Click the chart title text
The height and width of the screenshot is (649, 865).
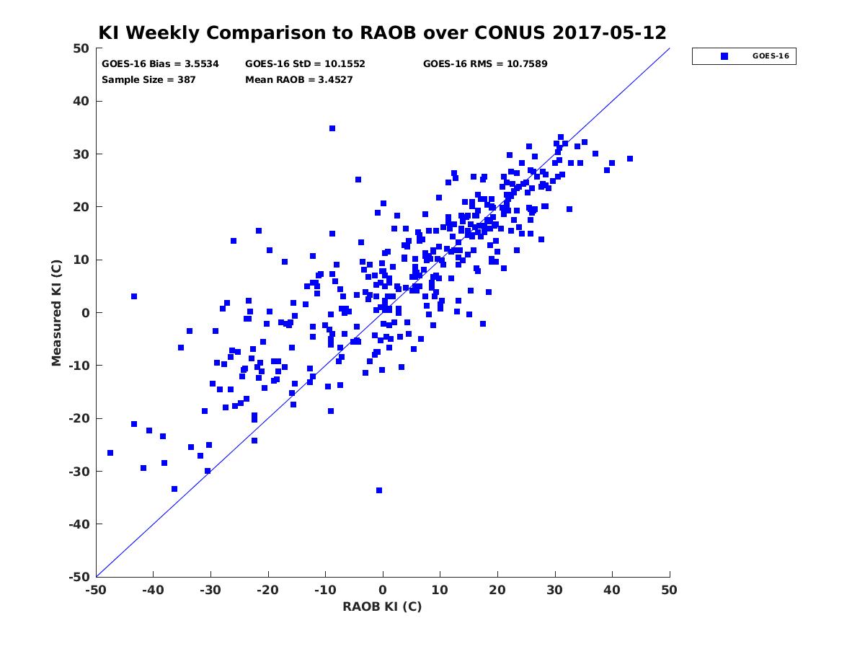pos(382,32)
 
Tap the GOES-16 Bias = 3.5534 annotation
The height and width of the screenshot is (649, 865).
pos(160,64)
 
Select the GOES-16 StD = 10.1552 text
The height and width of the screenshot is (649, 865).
pos(305,64)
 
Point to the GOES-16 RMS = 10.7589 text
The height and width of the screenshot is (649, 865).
pos(485,64)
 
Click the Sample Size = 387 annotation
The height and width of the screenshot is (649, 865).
pos(148,79)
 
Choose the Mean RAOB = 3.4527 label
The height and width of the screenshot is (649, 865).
pos(298,79)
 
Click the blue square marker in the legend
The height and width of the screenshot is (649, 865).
pos(724,56)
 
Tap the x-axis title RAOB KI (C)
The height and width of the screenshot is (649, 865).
pos(382,606)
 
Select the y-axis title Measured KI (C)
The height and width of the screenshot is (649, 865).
pos(56,312)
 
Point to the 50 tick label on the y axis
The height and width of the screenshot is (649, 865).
pos(81,48)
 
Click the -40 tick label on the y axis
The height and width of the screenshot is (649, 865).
pos(79,524)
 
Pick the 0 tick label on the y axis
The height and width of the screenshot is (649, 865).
pos(86,313)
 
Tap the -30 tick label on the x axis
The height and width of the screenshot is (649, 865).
pos(210,591)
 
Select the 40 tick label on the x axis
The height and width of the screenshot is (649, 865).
pos(612,591)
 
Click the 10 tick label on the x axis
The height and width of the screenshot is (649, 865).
pos(440,591)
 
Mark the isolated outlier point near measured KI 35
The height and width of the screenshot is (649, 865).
pos(332,128)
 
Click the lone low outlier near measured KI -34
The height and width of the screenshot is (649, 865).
pos(379,490)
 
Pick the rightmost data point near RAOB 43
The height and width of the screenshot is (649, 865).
pos(630,159)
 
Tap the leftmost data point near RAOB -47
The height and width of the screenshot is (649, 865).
pos(110,453)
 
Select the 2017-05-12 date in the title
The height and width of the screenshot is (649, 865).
pos(609,32)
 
